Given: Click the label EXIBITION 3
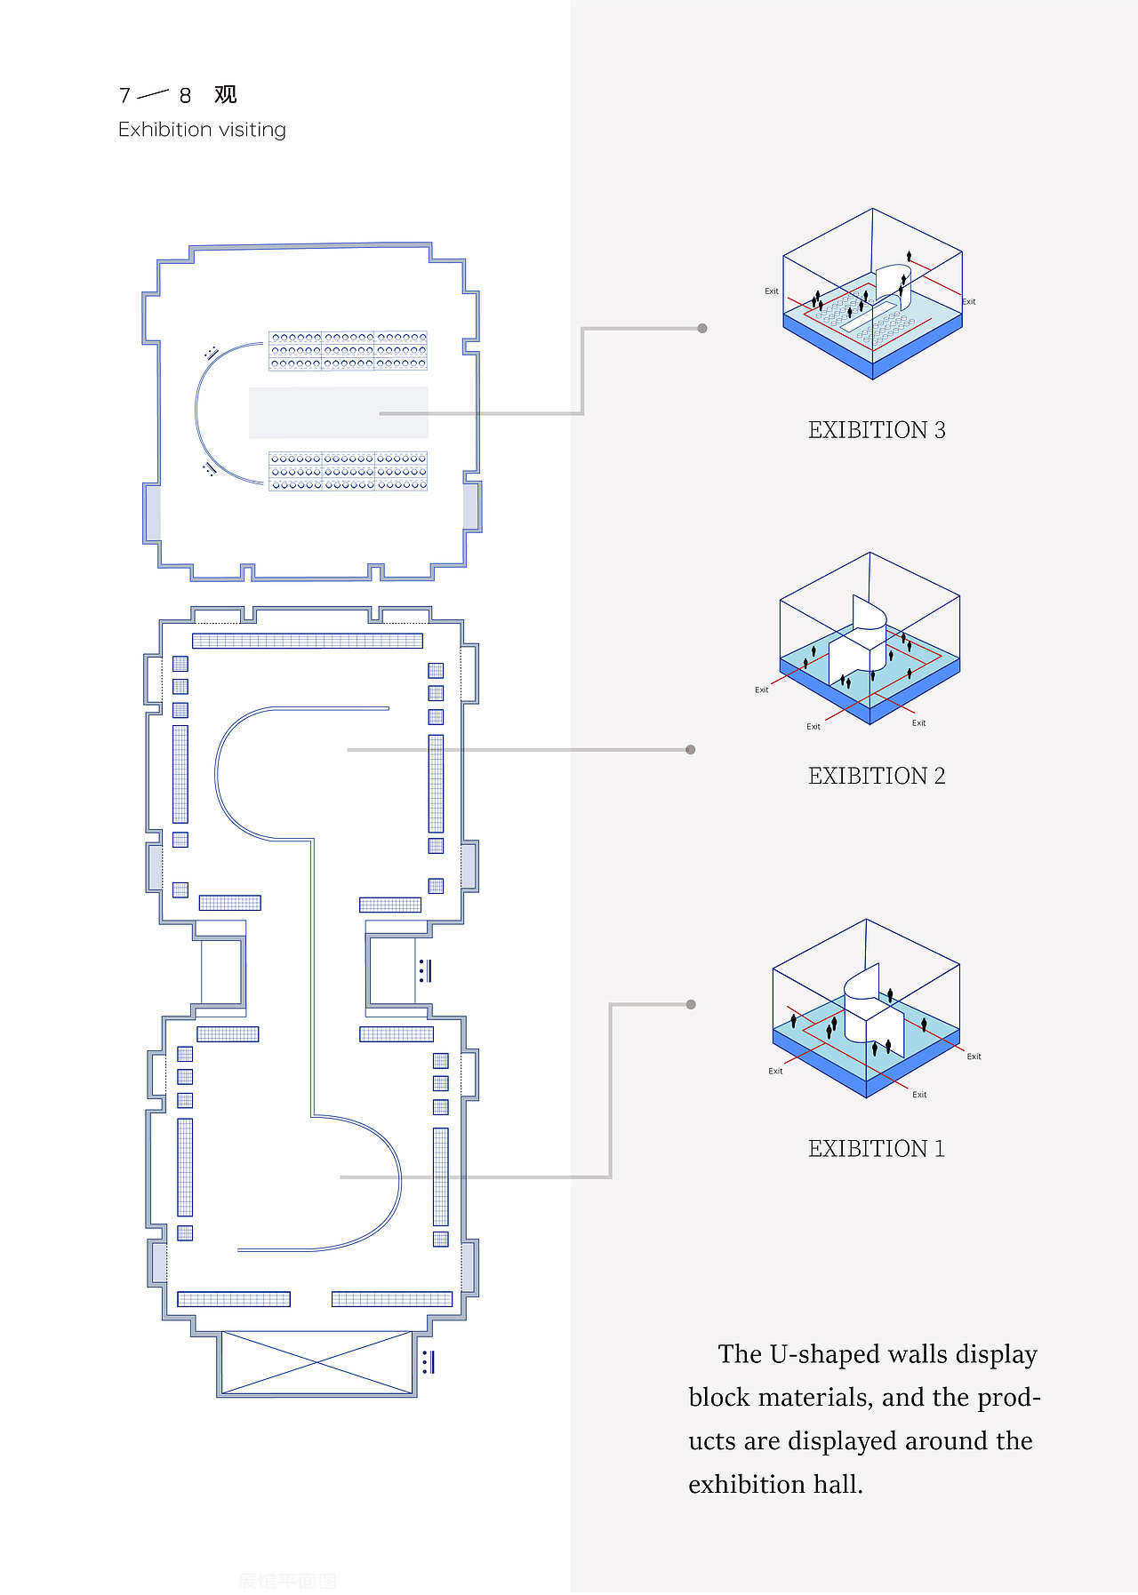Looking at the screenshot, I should [876, 430].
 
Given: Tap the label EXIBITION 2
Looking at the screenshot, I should [876, 776].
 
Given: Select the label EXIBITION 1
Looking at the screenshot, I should [876, 1149].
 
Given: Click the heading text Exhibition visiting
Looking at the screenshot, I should [202, 130].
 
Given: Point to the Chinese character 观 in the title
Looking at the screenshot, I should [226, 95].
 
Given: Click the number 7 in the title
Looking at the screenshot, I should [124, 96].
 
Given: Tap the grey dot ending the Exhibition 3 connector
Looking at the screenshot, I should [702, 329].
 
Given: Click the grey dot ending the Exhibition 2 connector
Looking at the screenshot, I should [691, 750].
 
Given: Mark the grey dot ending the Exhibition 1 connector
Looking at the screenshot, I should [691, 1005].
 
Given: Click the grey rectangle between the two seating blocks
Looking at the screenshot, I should [338, 412].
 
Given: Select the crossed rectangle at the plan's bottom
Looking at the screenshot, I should [317, 1362].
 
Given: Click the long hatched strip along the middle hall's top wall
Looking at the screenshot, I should [308, 641].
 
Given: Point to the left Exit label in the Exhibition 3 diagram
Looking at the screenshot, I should [772, 291].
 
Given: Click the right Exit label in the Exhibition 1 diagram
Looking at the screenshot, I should [974, 1057].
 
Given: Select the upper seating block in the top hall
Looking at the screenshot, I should [348, 351].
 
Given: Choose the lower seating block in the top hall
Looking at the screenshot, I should [348, 471].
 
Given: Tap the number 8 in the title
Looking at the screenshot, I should [185, 96].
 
